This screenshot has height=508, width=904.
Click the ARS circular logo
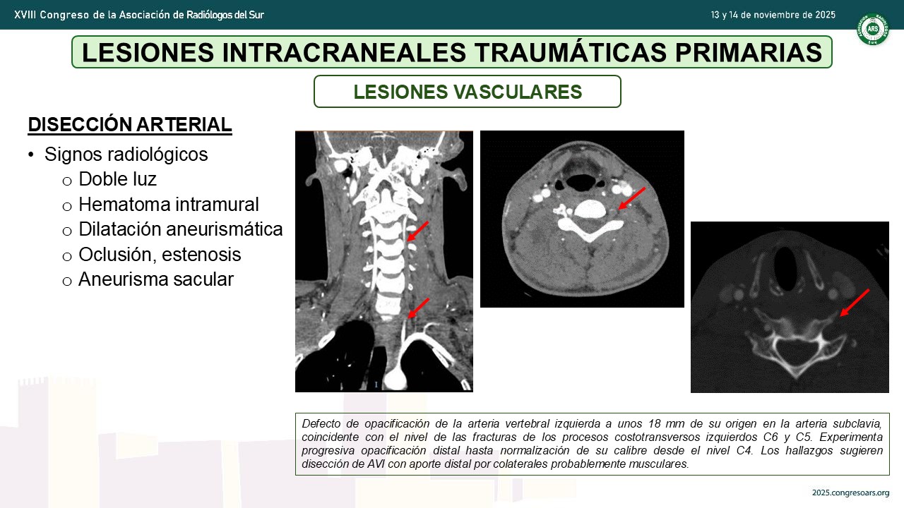pos(872,29)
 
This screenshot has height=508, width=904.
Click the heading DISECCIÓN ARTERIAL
pos(130,125)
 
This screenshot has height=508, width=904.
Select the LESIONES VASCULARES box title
pos(468,92)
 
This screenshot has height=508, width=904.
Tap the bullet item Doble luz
pos(117,179)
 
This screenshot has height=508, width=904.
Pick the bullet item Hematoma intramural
pos(169,205)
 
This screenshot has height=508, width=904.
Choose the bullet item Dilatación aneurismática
pos(180,229)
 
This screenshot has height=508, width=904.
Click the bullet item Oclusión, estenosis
pos(160,255)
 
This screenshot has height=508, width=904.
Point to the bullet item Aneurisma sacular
pos(156,279)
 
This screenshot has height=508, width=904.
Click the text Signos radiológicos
pos(126,154)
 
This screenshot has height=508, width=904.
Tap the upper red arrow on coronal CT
pos(417,231)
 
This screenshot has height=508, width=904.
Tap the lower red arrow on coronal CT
pos(419,308)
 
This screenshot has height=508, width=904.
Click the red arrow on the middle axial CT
pos(631,198)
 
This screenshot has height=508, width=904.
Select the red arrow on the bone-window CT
pos(855,303)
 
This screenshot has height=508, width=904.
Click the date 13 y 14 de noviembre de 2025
pos(773,15)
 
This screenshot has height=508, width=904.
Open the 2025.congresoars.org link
pos(851,492)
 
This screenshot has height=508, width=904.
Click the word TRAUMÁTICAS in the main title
pos(570,52)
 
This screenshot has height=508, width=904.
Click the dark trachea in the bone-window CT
pos(785,269)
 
